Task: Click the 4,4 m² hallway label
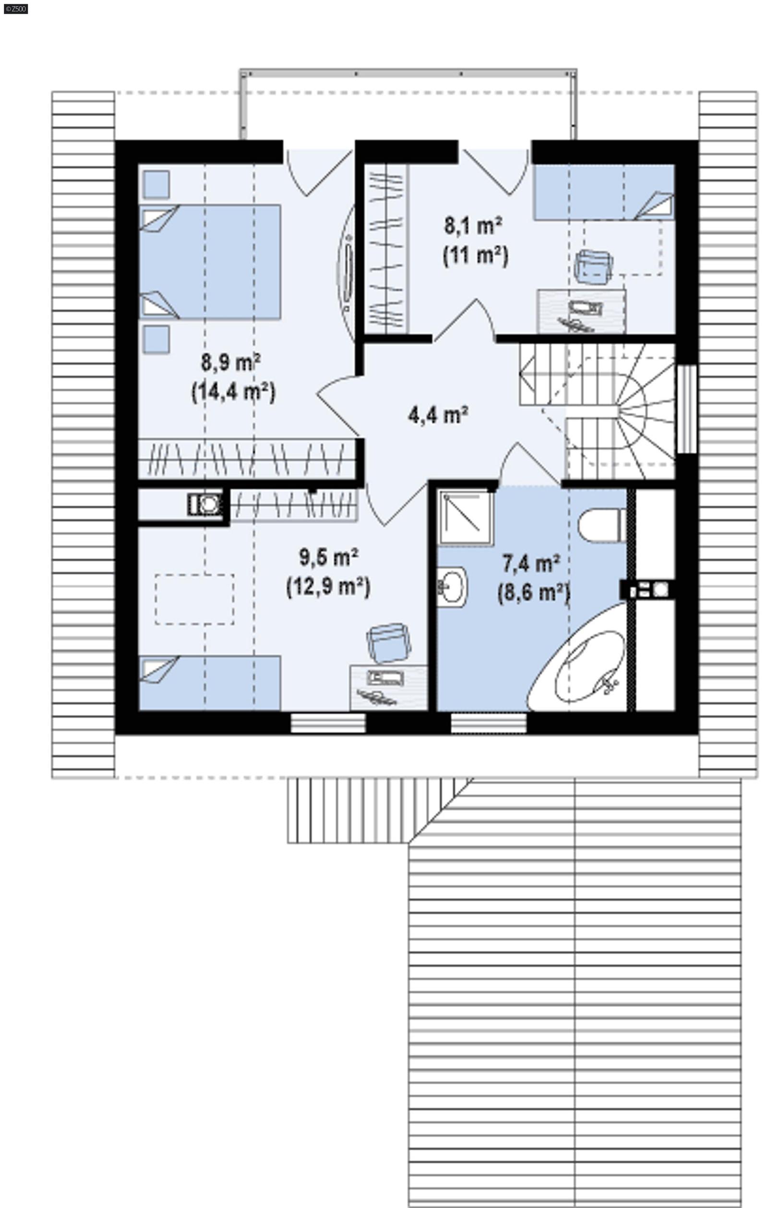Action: click(x=438, y=415)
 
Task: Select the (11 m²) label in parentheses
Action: click(x=475, y=256)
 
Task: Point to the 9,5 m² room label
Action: click(x=329, y=557)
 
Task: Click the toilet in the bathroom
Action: click(x=601, y=525)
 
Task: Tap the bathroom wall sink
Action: click(x=452, y=586)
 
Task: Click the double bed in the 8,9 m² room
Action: click(x=209, y=261)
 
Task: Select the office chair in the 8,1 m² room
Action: click(x=593, y=267)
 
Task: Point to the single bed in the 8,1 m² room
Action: click(x=603, y=192)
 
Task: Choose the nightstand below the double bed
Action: click(x=156, y=339)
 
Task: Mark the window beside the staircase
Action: click(x=687, y=409)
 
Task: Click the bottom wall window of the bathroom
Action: click(x=488, y=723)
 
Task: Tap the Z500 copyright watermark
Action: click(x=15, y=9)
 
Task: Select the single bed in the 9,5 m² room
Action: click(x=209, y=683)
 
